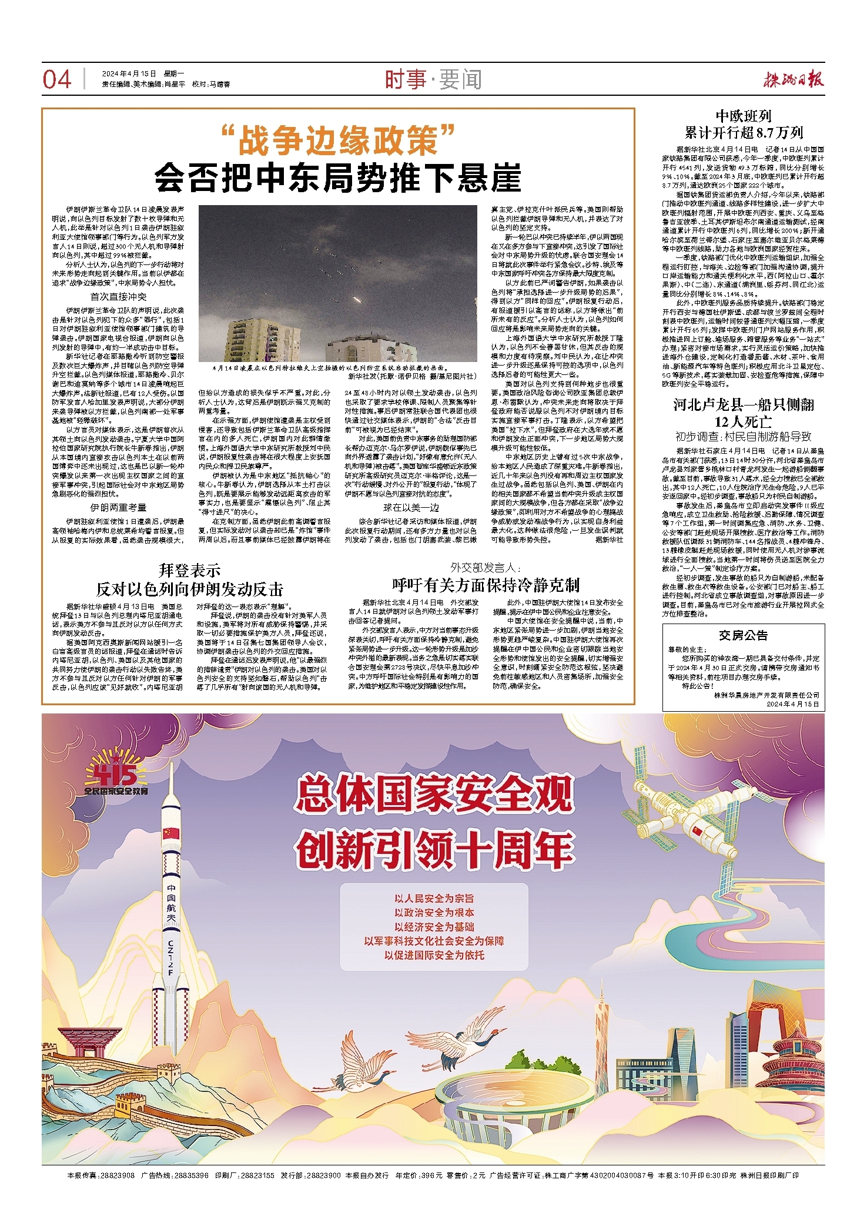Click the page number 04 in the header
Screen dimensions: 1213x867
click(57, 79)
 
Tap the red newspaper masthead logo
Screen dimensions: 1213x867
click(794, 79)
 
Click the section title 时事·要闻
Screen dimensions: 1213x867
click(433, 79)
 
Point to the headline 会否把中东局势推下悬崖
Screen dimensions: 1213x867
click(339, 178)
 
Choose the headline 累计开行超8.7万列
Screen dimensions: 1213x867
click(743, 132)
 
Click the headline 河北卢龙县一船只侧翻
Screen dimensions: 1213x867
click(743, 404)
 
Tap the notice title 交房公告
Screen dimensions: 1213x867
click(743, 635)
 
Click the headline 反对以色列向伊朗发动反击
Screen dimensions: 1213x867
click(190, 589)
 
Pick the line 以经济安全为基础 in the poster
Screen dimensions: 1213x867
click(434, 927)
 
